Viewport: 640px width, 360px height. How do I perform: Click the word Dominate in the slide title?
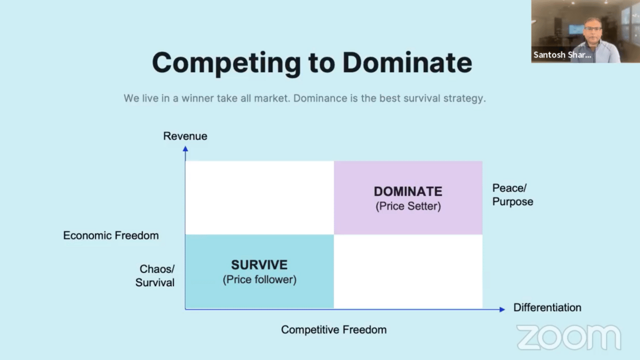407,63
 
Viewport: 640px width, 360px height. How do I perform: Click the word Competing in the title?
226,63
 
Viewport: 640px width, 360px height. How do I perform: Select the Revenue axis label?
185,136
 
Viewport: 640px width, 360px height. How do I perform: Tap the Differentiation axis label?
547,308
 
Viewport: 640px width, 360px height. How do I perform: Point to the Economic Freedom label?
111,236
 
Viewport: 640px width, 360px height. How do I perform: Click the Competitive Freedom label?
333,330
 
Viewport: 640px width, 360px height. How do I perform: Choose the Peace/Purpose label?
512,195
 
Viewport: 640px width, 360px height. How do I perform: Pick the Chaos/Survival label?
156,276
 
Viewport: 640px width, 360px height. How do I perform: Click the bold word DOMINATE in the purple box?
408,192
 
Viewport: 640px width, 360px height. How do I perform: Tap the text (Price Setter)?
408,206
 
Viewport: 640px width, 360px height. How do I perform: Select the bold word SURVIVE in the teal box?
259,265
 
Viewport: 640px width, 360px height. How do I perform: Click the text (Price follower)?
259,279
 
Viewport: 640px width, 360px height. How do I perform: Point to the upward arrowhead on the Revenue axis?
185,149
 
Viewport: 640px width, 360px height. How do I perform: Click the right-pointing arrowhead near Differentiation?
502,309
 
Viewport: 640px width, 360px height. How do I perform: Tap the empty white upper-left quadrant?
259,198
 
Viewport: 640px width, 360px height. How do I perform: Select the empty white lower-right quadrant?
408,271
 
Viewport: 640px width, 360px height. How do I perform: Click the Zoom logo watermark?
569,337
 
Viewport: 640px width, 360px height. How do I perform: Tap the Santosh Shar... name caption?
562,55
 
